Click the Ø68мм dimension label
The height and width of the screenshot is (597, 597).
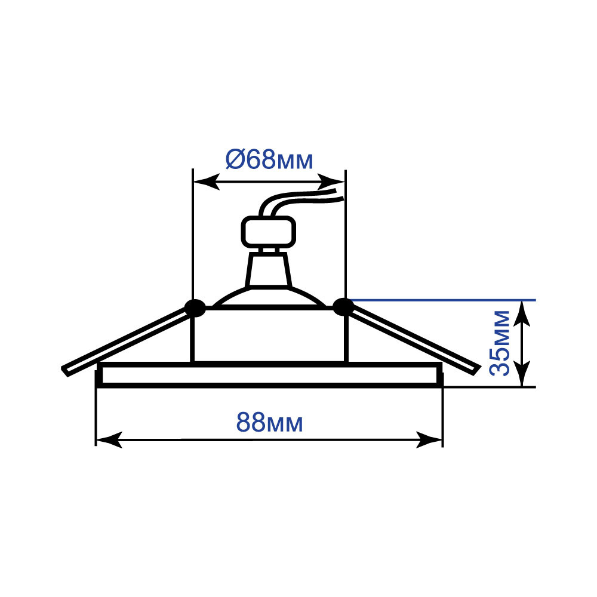coord(269,159)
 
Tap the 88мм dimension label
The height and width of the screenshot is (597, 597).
coord(270,422)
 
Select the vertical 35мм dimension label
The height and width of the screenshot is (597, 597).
coord(499,343)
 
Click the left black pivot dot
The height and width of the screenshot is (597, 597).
coord(195,308)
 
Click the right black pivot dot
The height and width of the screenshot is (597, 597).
coord(343,307)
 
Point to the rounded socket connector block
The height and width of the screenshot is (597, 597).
coord(269,232)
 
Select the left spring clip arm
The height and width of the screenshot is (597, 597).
coord(125,341)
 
